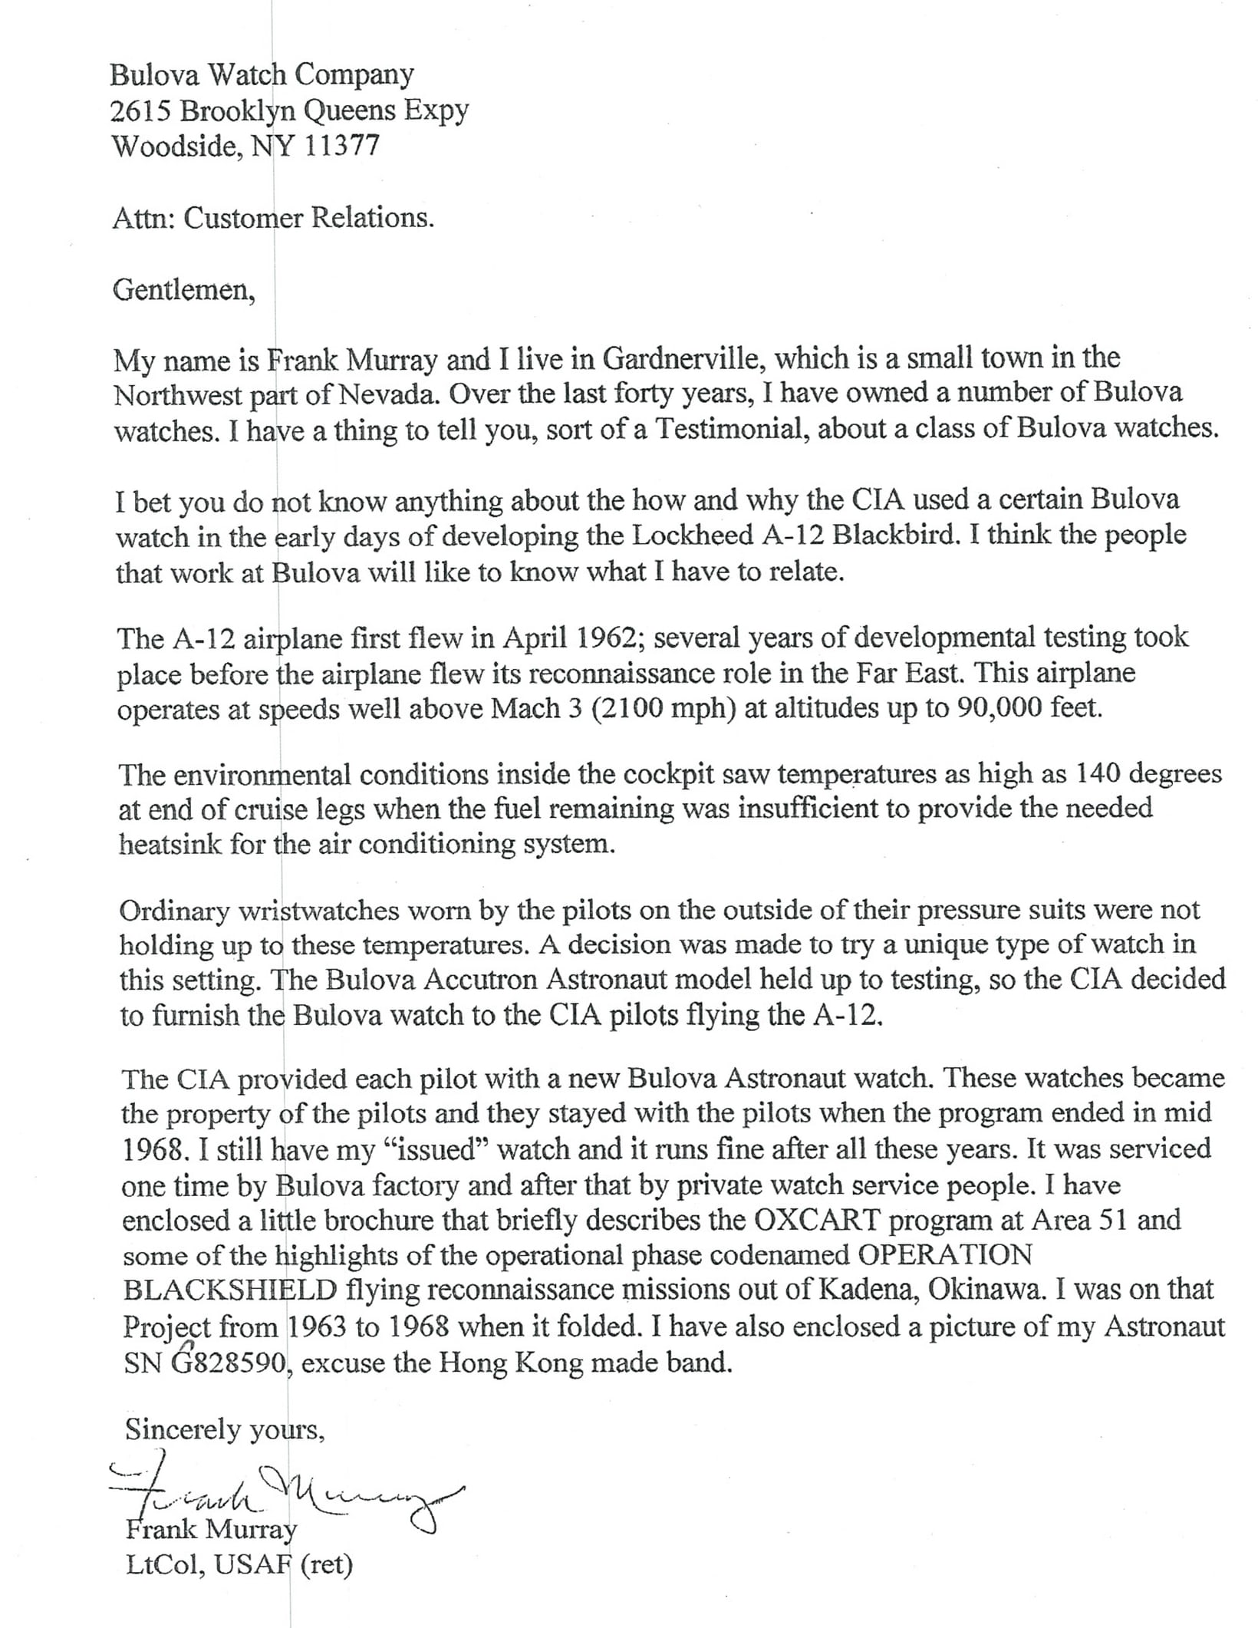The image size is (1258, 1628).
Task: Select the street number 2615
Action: [x=140, y=110]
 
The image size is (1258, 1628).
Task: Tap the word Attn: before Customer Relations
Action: [x=143, y=218]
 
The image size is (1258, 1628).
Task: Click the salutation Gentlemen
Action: [x=183, y=291]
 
